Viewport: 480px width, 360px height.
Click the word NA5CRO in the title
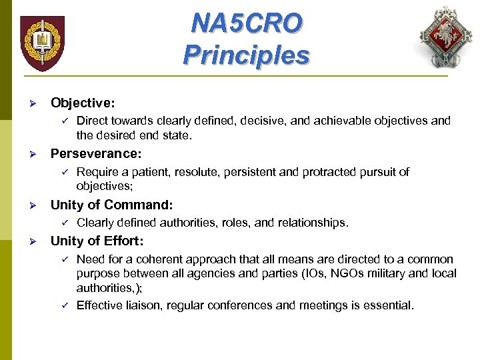(246, 23)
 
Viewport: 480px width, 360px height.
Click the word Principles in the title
(246, 54)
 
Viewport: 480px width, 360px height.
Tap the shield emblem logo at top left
(42, 43)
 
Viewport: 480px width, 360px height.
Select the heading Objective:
(83, 103)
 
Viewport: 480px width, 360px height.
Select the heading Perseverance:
(96, 154)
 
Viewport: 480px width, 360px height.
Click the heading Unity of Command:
(111, 205)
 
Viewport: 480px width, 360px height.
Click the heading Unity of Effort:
(97, 241)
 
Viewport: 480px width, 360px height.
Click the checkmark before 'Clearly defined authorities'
(65, 223)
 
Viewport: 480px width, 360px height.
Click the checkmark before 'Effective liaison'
(65, 305)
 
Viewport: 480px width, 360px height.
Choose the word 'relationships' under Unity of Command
(313, 223)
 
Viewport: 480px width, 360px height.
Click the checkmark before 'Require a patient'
(65, 172)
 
